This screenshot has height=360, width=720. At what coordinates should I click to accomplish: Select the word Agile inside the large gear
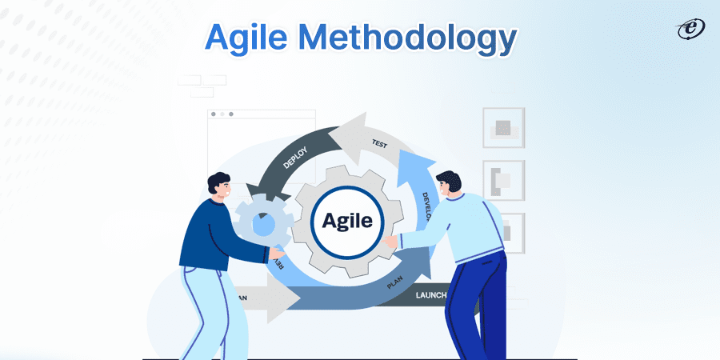(x=348, y=219)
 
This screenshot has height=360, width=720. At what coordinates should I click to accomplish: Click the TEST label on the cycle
(x=379, y=145)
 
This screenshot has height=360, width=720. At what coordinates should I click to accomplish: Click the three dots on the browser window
(x=222, y=114)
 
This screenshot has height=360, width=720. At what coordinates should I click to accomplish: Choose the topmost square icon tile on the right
(x=502, y=127)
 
